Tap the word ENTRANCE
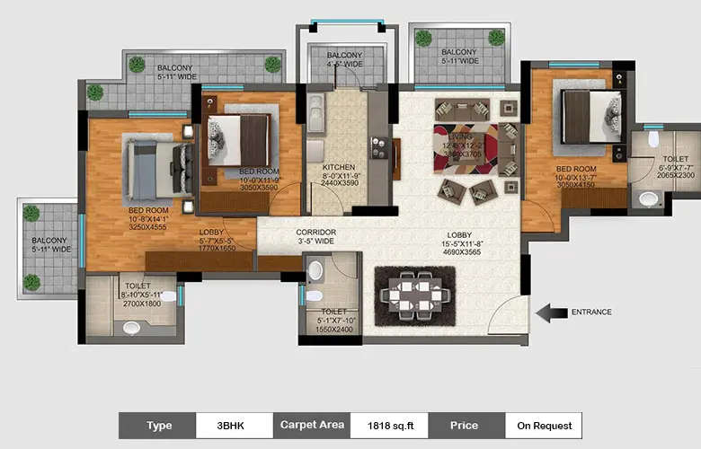click(591, 313)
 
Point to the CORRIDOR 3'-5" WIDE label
click(315, 237)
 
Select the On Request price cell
click(544, 425)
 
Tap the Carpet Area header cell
click(311, 425)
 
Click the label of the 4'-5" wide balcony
click(345, 59)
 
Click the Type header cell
click(158, 425)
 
